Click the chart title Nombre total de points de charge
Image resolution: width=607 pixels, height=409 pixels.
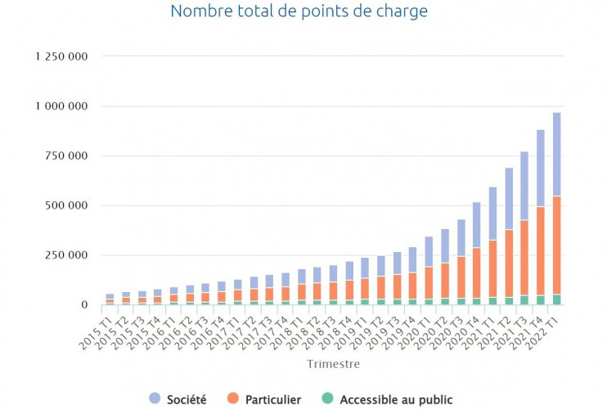click(x=299, y=11)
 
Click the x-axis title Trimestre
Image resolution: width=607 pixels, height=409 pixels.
click(x=332, y=363)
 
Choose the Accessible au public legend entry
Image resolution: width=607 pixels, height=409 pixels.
click(x=396, y=399)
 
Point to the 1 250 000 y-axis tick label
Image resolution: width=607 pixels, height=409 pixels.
click(x=61, y=56)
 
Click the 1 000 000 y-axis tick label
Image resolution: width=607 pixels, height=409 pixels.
click(x=61, y=106)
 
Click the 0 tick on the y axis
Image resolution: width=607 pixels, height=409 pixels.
click(x=84, y=304)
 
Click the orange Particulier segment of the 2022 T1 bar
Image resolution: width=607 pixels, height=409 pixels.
click(x=556, y=245)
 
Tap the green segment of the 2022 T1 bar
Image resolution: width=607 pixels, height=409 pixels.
click(x=556, y=299)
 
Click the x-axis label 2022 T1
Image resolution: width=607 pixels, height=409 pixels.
click(x=546, y=327)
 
